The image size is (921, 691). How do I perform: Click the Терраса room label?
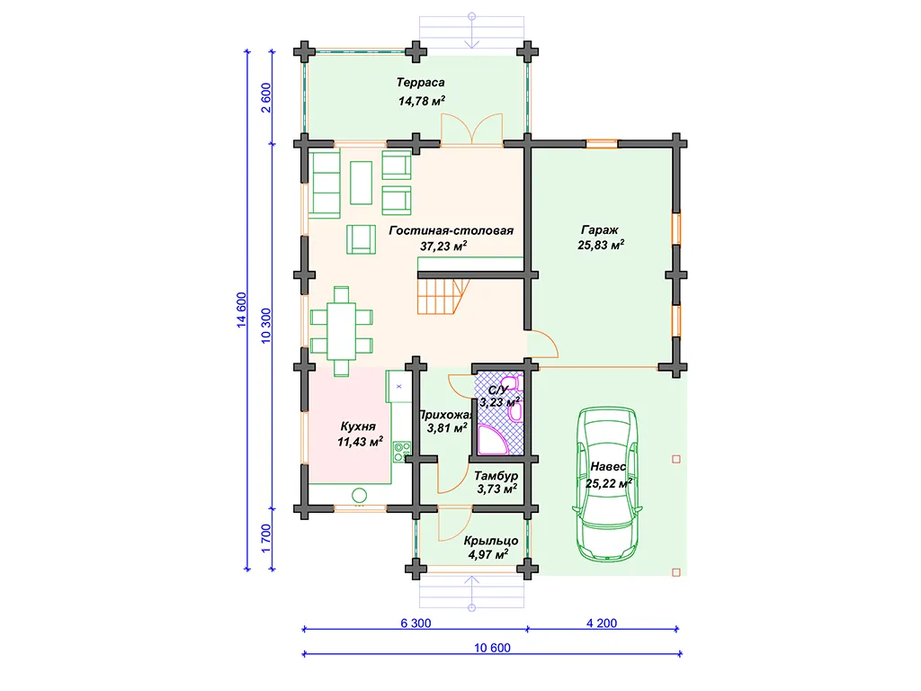pos(420,83)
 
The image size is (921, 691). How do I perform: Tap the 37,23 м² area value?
pos(443,247)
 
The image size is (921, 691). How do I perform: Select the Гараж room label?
pos(600,230)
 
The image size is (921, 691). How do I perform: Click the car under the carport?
pos(607,484)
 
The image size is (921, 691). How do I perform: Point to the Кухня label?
pos(358,426)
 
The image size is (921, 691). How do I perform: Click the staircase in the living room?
pos(443,296)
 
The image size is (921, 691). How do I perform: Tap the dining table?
pos(341,331)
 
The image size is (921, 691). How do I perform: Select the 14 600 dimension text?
pos(241,310)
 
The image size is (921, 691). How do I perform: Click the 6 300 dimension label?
pos(416,623)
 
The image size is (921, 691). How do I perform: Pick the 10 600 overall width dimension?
pos(492,648)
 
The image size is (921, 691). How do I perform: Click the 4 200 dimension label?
pos(602,623)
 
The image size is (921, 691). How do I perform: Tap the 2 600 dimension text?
pos(266,97)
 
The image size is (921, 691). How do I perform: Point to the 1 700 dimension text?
pos(266,538)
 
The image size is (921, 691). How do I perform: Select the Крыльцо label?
pos(490,541)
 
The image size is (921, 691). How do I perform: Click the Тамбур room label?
pos(496,475)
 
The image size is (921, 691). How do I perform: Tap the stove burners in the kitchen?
pos(402,452)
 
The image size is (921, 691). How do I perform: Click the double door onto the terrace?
pos(471,128)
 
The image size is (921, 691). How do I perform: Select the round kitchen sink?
pos(360,495)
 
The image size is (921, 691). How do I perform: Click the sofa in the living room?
pos(326,184)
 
